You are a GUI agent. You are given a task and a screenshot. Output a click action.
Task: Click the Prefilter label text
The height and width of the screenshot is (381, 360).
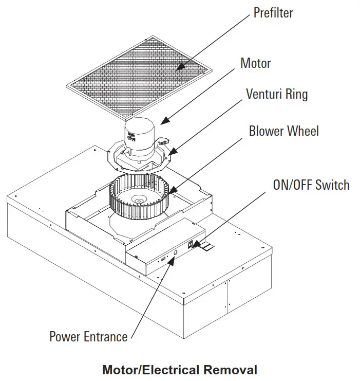pos(273,12)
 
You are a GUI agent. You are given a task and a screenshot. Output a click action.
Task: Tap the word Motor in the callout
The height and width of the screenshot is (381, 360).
pos(255,63)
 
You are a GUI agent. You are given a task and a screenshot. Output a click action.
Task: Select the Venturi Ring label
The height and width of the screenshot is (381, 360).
pos(277,94)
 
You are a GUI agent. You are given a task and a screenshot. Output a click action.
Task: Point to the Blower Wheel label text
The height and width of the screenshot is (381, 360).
pos(283,131)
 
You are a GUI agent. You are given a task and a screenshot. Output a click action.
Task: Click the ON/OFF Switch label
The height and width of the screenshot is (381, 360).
pos(311,185)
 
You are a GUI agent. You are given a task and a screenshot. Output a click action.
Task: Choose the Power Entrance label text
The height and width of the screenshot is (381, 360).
pos(88,337)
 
